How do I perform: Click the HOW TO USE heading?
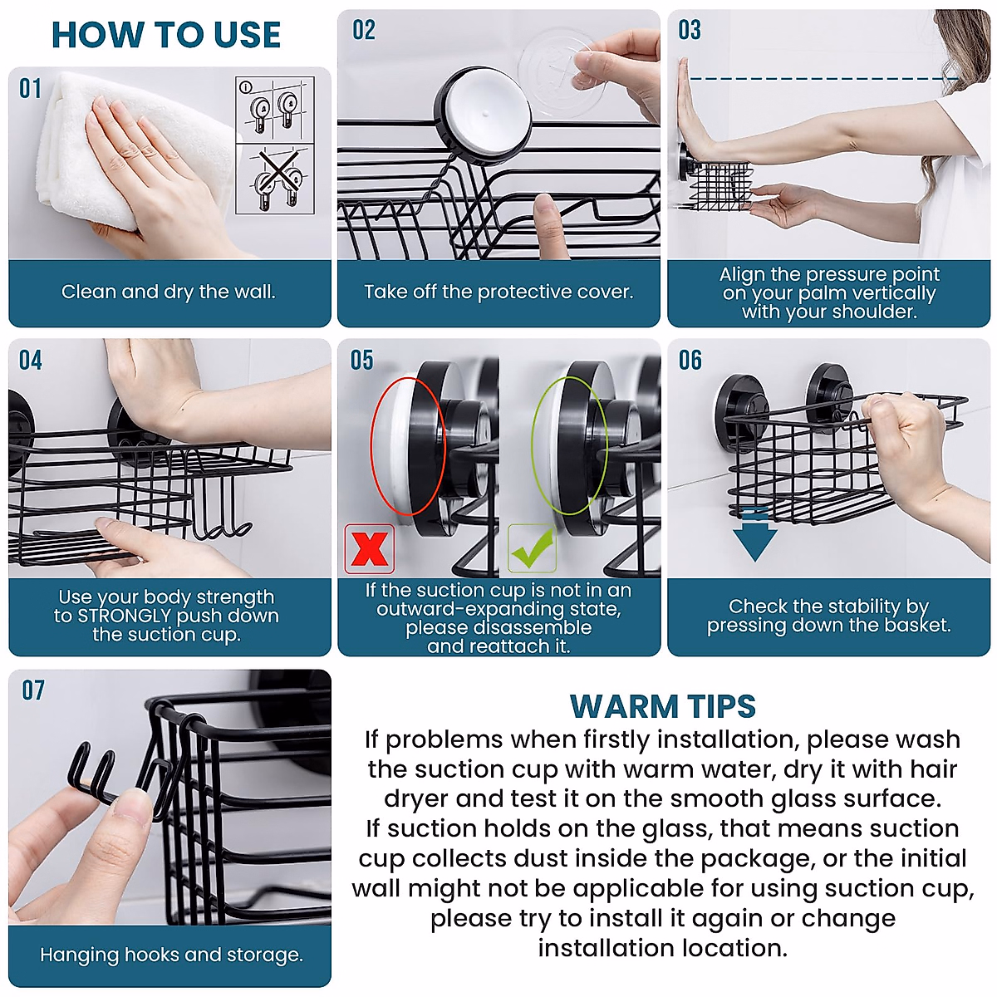166,35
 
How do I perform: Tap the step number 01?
31,88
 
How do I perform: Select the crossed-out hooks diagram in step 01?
275,179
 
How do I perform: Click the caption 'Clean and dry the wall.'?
168,292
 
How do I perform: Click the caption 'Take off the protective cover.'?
498,292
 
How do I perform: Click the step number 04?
31,360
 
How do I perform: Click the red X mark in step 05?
369,548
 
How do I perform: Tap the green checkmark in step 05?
532,548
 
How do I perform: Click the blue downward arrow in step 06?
755,537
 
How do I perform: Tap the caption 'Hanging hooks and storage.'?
171,955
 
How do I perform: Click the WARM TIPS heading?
662,706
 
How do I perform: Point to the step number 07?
33,690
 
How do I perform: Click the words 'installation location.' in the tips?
662,948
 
